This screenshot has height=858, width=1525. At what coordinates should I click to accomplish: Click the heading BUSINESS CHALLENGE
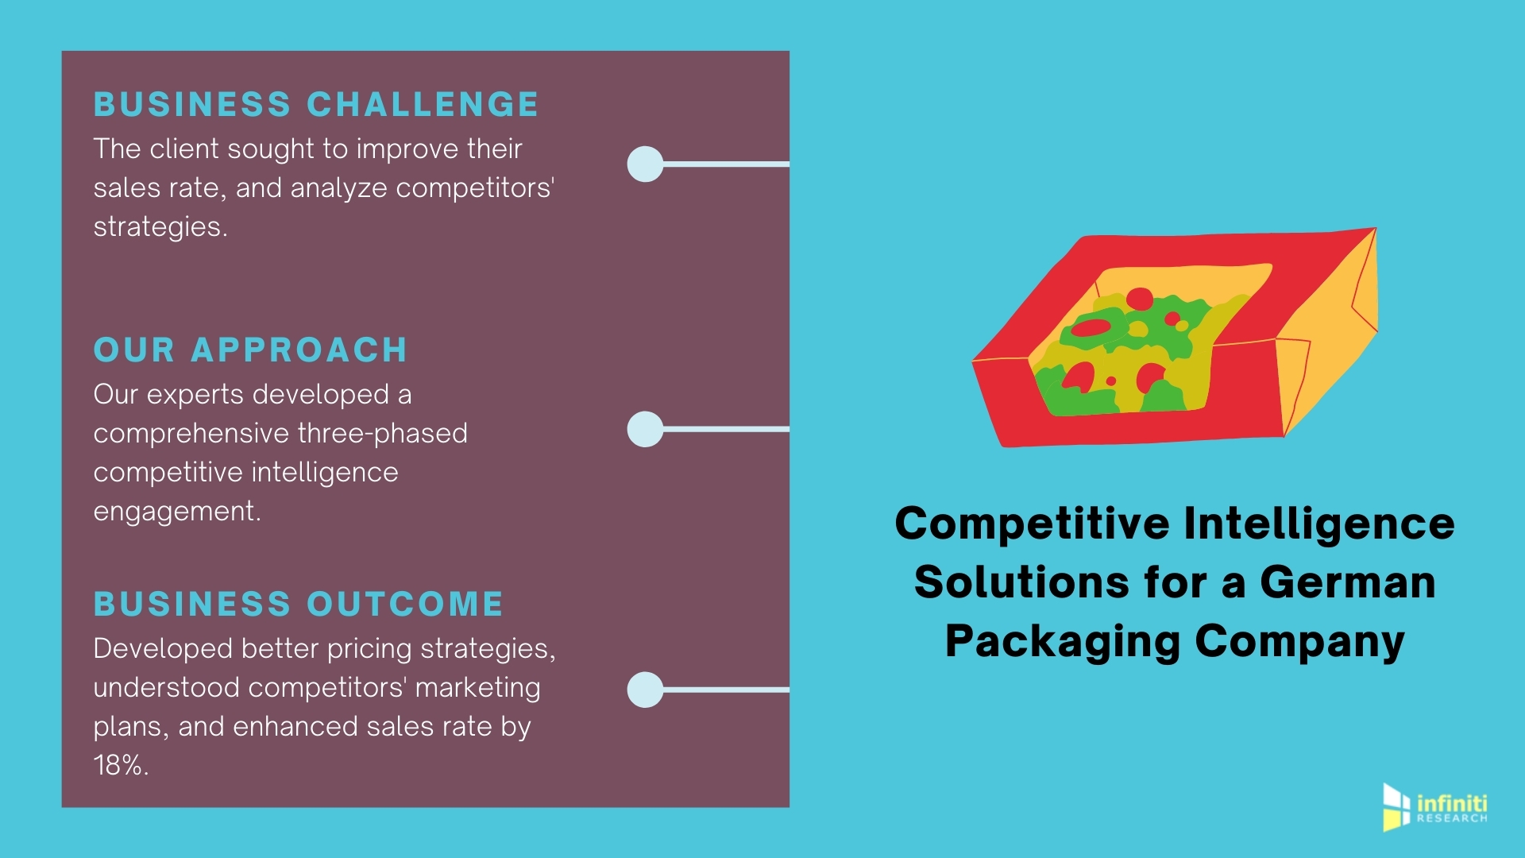click(316, 105)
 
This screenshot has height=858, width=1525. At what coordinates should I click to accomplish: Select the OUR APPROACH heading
click(250, 350)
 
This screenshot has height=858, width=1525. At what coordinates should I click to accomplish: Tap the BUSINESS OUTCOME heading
click(299, 605)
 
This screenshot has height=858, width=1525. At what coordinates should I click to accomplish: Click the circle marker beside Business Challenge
click(645, 164)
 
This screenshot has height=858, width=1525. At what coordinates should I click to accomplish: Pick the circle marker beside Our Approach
click(645, 429)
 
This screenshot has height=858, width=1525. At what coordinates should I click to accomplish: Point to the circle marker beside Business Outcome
click(645, 690)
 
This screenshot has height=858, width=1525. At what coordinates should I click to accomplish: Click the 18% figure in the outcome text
click(119, 766)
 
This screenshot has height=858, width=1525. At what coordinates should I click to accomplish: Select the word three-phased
click(382, 434)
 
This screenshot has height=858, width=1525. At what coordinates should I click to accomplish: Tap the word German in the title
click(1347, 582)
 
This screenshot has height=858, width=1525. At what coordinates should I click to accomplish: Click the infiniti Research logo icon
click(1396, 807)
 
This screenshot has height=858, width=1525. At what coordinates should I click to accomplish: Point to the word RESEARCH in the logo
click(1452, 818)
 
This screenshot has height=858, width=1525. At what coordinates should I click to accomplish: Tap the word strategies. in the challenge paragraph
click(160, 227)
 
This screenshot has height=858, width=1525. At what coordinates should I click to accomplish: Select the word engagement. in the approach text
click(177, 512)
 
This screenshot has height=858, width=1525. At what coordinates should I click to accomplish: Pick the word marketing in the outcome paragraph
click(477, 688)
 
